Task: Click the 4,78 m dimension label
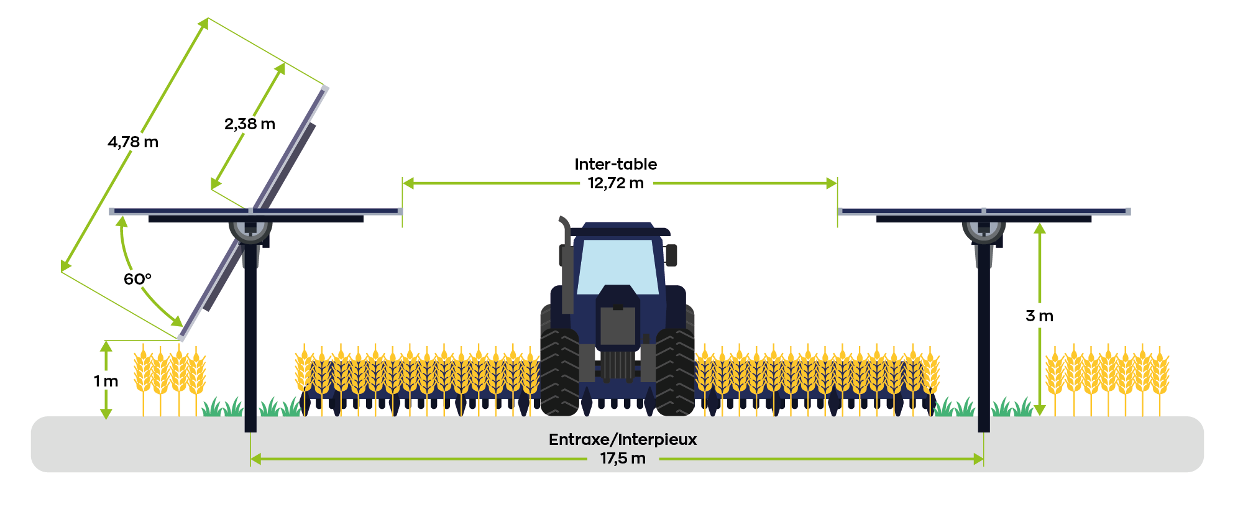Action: pyautogui.click(x=133, y=142)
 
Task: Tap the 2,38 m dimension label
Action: pyautogui.click(x=250, y=124)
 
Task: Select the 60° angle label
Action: pyautogui.click(x=137, y=279)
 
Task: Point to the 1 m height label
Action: pyautogui.click(x=106, y=381)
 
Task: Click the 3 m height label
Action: pyautogui.click(x=1040, y=316)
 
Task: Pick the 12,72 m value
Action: pyautogui.click(x=616, y=183)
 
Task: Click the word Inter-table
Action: pyautogui.click(x=616, y=164)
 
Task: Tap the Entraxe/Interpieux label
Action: pyautogui.click(x=623, y=439)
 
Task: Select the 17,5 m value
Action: pyautogui.click(x=623, y=459)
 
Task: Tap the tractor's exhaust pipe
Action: pyautogui.click(x=566, y=264)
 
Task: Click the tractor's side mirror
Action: pyautogui.click(x=671, y=255)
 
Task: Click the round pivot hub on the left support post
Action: pyautogui.click(x=250, y=228)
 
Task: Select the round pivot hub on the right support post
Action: pyautogui.click(x=984, y=228)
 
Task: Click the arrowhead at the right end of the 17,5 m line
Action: pyautogui.click(x=979, y=459)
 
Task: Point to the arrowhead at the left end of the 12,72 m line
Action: pyautogui.click(x=408, y=183)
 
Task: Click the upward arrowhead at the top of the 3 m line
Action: pyautogui.click(x=1040, y=229)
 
